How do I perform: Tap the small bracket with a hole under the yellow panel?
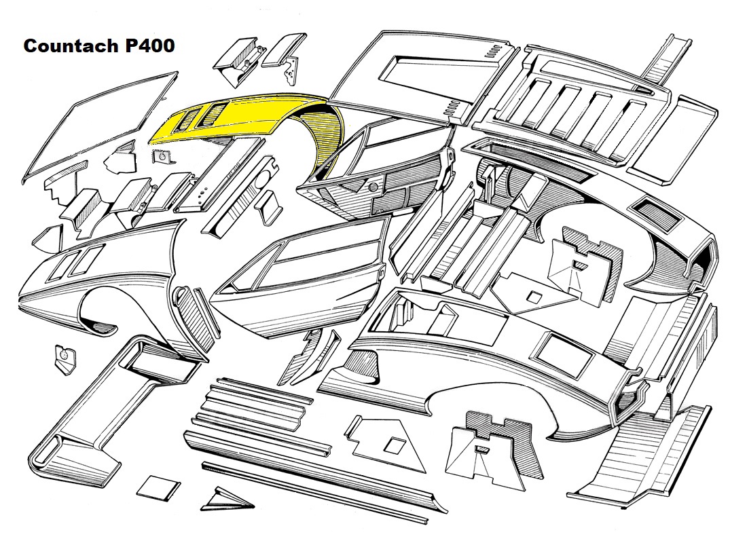[162, 157]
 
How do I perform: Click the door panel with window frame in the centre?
[306, 285]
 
